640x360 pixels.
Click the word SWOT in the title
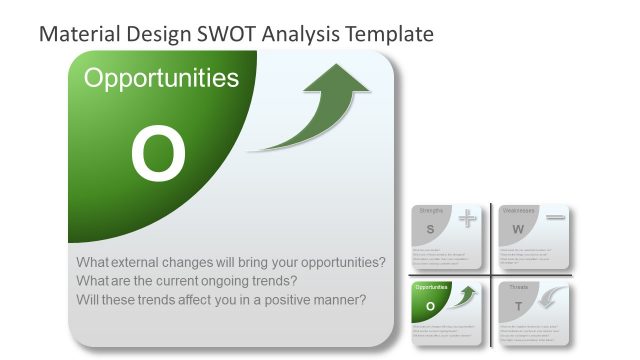(230, 33)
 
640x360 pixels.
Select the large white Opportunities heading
(161, 78)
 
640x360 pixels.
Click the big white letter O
(158, 154)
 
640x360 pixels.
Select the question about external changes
(231, 262)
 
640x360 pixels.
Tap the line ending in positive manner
(221, 299)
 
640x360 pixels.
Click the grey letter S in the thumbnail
(430, 228)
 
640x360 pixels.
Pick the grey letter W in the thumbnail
(518, 229)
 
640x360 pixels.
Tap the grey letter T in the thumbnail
(518, 305)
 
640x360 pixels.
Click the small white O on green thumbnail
(431, 305)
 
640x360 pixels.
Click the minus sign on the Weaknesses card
(556, 217)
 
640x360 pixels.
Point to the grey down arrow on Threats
(553, 297)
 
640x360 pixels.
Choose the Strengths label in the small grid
(431, 211)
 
